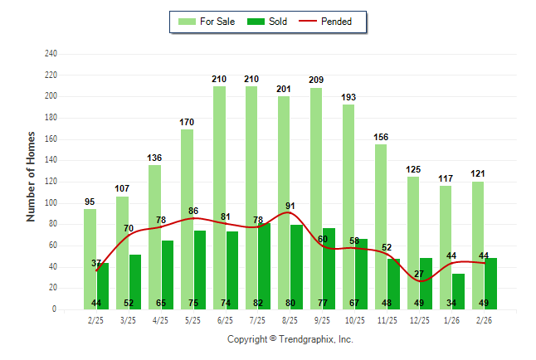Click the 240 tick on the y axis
click(51, 54)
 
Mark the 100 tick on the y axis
click(51, 203)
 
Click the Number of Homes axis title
click(31, 176)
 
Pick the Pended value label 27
click(419, 274)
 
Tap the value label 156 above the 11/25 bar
click(381, 137)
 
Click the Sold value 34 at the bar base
click(451, 303)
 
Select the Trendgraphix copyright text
click(290, 339)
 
